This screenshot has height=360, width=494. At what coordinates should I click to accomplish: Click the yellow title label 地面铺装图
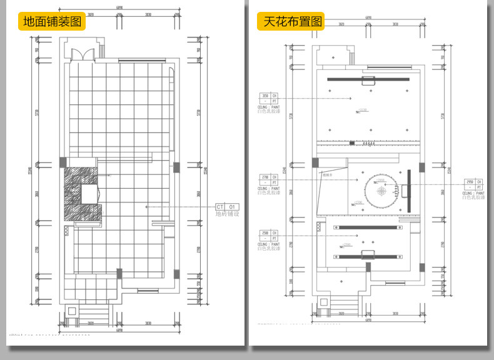[x=53, y=21]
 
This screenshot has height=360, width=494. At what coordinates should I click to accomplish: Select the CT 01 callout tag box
[x=228, y=206]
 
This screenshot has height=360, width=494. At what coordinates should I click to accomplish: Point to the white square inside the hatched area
[x=90, y=193]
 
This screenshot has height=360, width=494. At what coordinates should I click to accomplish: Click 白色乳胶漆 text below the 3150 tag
[x=269, y=111]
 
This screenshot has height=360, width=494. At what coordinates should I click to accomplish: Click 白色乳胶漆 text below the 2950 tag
[x=473, y=196]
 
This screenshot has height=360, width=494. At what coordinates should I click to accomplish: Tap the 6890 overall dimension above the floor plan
[x=119, y=7]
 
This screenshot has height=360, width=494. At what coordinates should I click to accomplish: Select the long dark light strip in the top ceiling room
[x=368, y=79]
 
